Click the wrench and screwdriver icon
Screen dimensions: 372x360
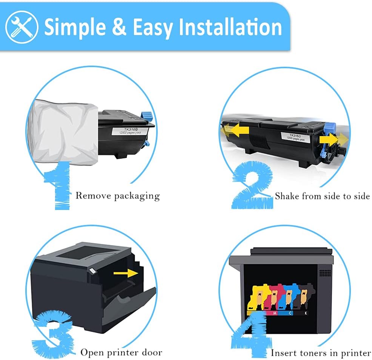pyautogui.click(x=22, y=27)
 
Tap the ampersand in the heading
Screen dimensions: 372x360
pyautogui.click(x=118, y=27)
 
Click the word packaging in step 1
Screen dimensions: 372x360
pyautogui.click(x=137, y=196)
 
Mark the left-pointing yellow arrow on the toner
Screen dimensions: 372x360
pyautogui.click(x=235, y=130)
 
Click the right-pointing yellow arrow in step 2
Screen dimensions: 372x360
pyautogui.click(x=334, y=139)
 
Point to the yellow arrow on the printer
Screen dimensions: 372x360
pyautogui.click(x=126, y=273)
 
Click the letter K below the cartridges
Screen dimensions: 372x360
pyautogui.click(x=306, y=313)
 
